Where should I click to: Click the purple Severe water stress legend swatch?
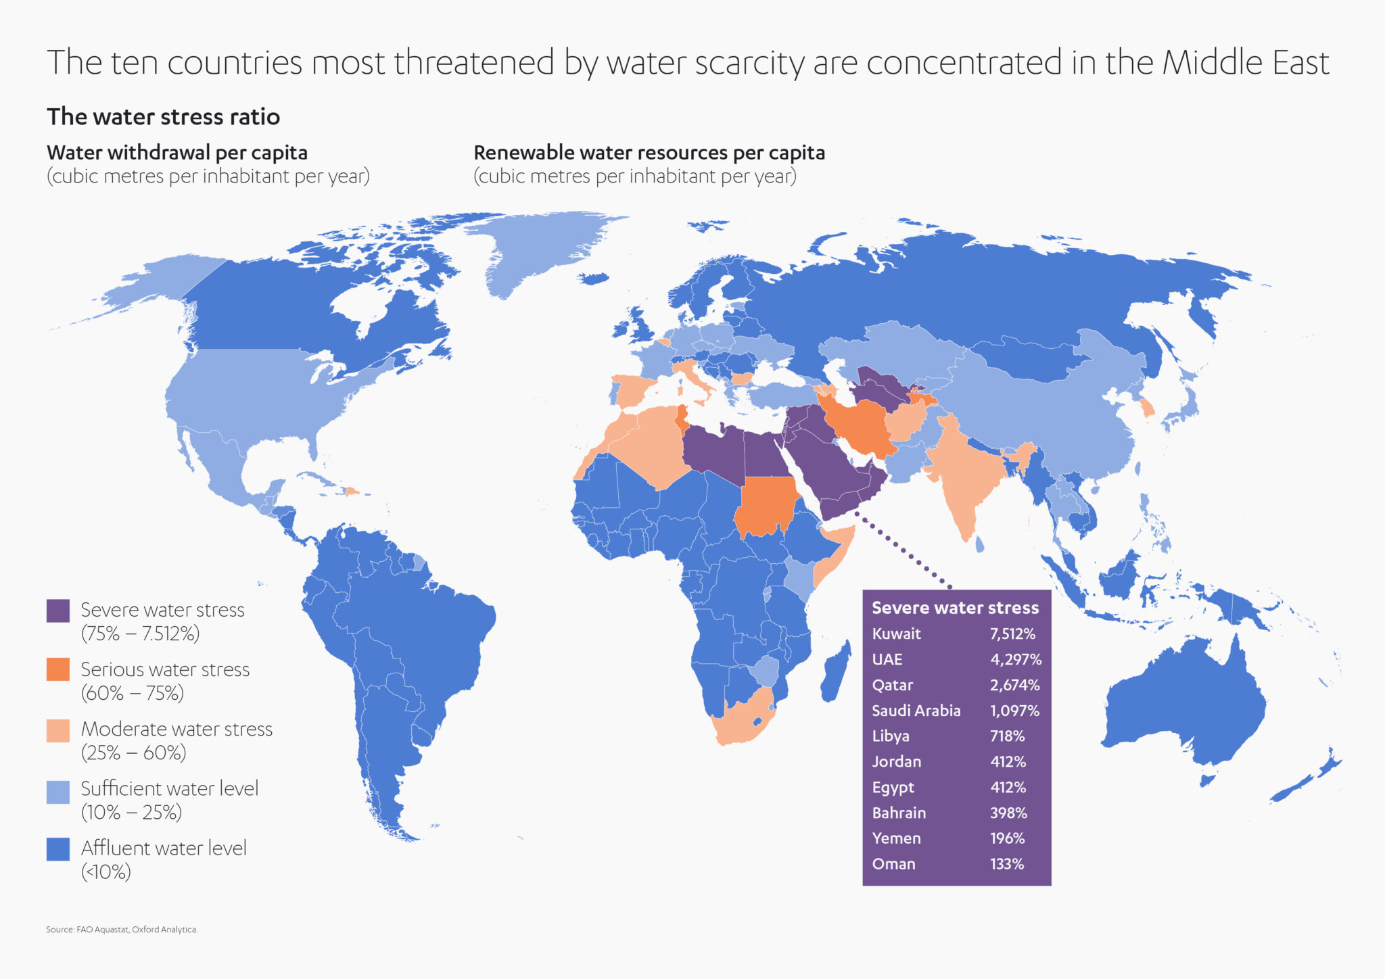point(58,611)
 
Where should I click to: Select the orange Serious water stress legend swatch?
point(58,669)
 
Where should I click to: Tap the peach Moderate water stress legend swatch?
point(58,730)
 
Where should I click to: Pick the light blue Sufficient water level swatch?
point(58,792)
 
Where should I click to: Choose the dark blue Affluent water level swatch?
point(58,849)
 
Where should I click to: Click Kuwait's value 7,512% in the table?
point(1012,634)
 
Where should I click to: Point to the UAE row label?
point(887,660)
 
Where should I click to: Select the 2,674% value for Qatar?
point(1014,686)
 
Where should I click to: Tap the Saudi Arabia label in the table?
point(916,711)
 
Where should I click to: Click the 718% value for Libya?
point(1007,736)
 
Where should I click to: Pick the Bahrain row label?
point(899,813)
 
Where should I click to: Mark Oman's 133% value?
point(1007,864)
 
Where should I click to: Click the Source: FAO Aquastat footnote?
point(122,930)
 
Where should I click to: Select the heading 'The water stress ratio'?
point(163,117)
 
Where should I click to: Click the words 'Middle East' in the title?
point(1246,63)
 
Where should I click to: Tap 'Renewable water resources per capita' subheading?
point(649,153)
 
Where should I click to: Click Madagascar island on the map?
point(836,673)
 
